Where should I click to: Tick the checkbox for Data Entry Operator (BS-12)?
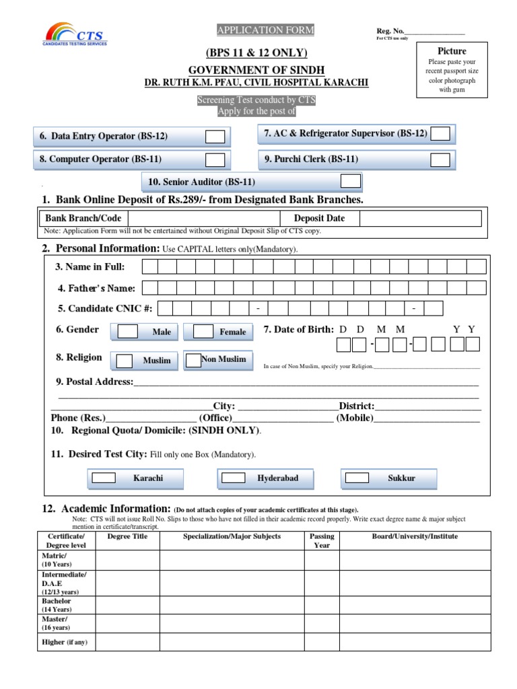pos(215,137)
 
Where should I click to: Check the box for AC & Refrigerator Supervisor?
pos(440,134)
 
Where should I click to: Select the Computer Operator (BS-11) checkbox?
pos(215,159)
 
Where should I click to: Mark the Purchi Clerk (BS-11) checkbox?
pos(440,159)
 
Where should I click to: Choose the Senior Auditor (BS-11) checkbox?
pos(350,182)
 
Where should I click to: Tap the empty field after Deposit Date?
pos(420,218)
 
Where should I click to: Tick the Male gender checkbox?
pos(128,332)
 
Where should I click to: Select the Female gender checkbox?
pos(193,332)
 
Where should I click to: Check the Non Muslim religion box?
pos(193,360)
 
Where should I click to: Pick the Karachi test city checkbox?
pos(104,478)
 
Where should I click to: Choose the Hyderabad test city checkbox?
pos(234,478)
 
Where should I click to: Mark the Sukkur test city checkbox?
pos(357,478)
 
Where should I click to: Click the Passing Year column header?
pos(322,540)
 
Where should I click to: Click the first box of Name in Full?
pos(149,266)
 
